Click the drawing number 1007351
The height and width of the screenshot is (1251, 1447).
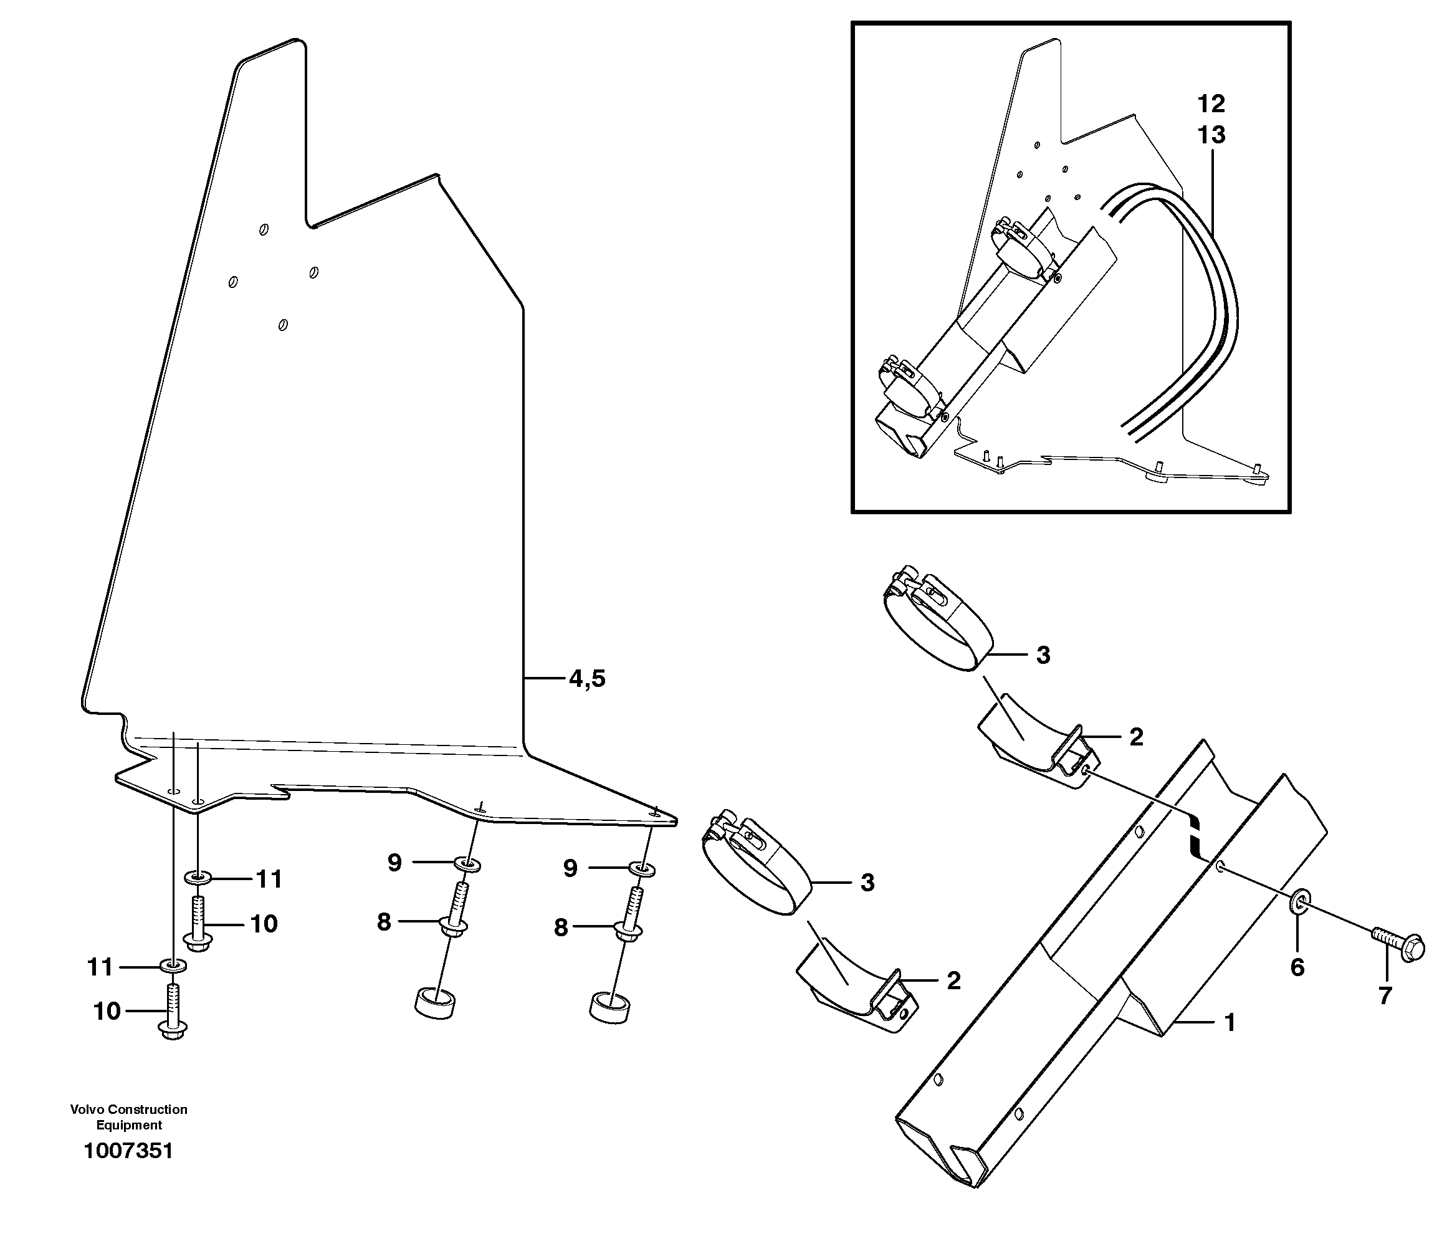(128, 1151)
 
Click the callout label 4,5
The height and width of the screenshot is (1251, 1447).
(586, 678)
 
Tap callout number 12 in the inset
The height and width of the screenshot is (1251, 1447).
(1211, 104)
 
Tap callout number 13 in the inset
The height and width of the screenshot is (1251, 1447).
(1211, 135)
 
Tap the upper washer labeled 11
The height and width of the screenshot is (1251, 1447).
(198, 876)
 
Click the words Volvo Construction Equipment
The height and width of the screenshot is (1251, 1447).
(128, 1117)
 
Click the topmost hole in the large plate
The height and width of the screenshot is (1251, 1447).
(264, 229)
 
